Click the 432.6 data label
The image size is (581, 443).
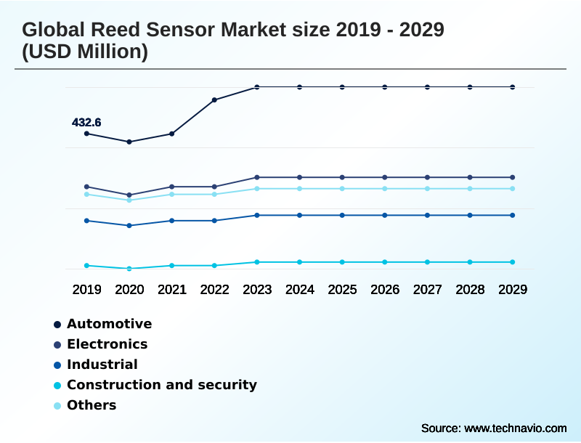[86, 123]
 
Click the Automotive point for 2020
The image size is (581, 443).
[129, 142]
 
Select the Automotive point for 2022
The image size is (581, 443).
[214, 99]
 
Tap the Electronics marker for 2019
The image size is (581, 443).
[86, 187]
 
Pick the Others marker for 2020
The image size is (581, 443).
[129, 200]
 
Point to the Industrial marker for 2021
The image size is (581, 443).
[171, 221]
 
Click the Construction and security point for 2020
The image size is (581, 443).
[129, 269]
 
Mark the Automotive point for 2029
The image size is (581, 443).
[513, 87]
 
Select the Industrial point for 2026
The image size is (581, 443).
[385, 215]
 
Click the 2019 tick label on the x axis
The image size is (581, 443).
[86, 290]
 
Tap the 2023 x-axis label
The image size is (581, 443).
[257, 290]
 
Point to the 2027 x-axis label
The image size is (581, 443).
[427, 290]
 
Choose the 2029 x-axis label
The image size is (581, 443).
[513, 290]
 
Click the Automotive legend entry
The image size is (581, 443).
[109, 324]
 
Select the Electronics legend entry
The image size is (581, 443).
[107, 344]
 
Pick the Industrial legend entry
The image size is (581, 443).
[102, 365]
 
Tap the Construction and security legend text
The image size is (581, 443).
[161, 385]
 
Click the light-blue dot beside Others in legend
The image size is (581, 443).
[57, 406]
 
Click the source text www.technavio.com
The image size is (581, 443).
[515, 428]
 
